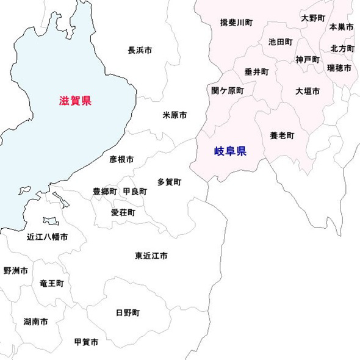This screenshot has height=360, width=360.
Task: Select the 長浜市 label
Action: pos(140,50)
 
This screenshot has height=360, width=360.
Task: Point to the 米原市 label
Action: pos(175,115)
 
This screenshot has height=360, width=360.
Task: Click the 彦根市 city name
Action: pos(121,159)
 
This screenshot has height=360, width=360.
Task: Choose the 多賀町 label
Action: pos(169,182)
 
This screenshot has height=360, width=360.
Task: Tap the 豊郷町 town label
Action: pos(104,192)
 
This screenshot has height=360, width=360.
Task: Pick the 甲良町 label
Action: pos(134,192)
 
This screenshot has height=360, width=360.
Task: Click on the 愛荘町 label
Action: pos(123,213)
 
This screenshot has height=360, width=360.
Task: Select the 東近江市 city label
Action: pos(151,256)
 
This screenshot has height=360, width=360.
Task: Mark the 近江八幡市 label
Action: pos(47,237)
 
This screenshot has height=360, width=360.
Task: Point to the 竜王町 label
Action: pos(51,284)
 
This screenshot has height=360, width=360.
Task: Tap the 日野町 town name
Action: pos(128,313)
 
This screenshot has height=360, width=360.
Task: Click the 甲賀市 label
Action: pos(86,342)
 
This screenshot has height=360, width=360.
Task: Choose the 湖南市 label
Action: pos(36,322)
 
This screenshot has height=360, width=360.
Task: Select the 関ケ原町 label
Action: pos(227,90)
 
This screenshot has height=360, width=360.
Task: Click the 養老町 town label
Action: pos(282,135)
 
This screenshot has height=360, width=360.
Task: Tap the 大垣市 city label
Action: pos(308,91)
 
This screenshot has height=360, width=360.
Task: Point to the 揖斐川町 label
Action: pos(236,23)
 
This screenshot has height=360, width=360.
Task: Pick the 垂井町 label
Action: pos(256,71)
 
